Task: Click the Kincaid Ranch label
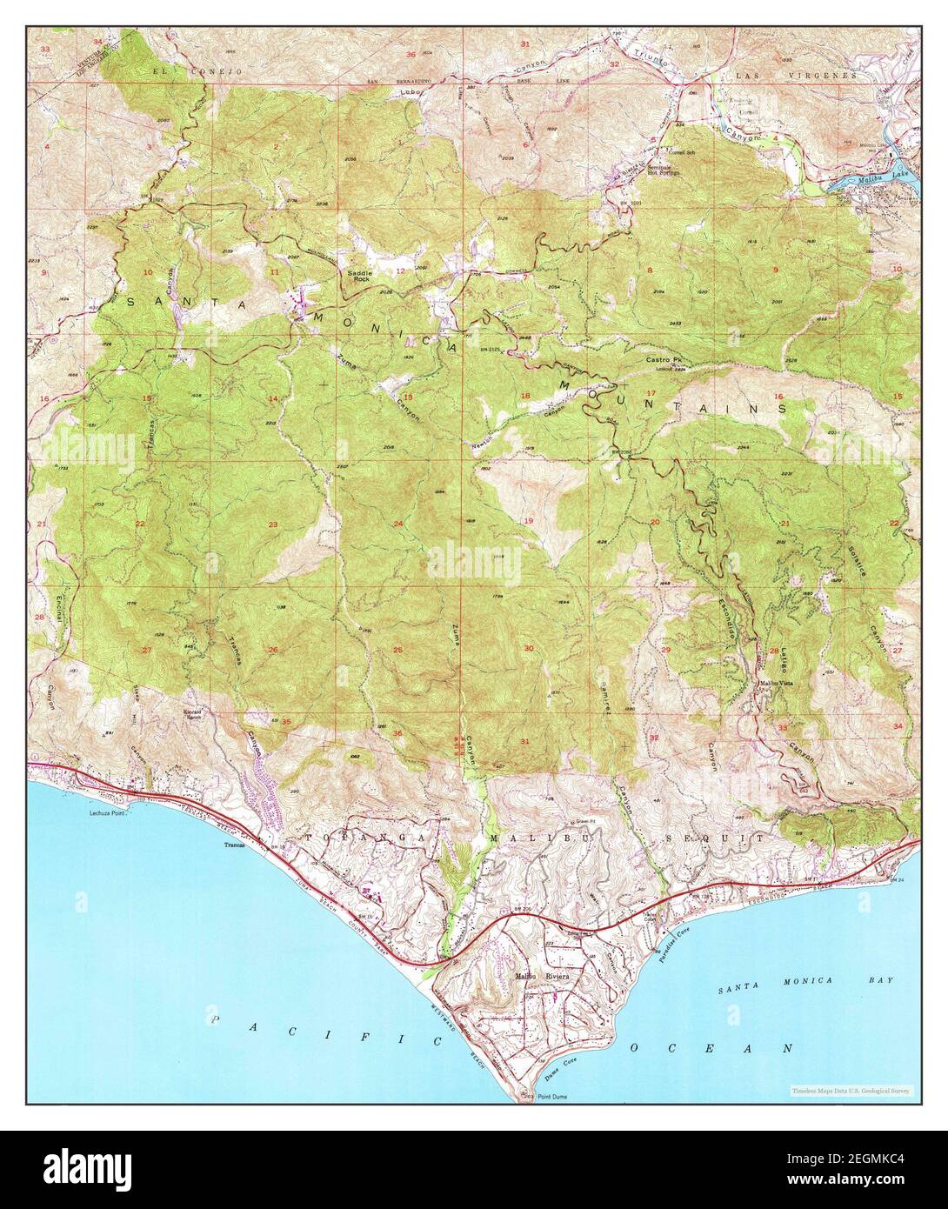[x=217, y=714]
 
